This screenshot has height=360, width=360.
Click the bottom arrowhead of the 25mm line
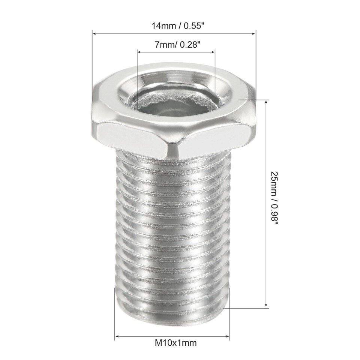[266, 305]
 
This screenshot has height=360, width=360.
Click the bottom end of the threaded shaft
[172, 319]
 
